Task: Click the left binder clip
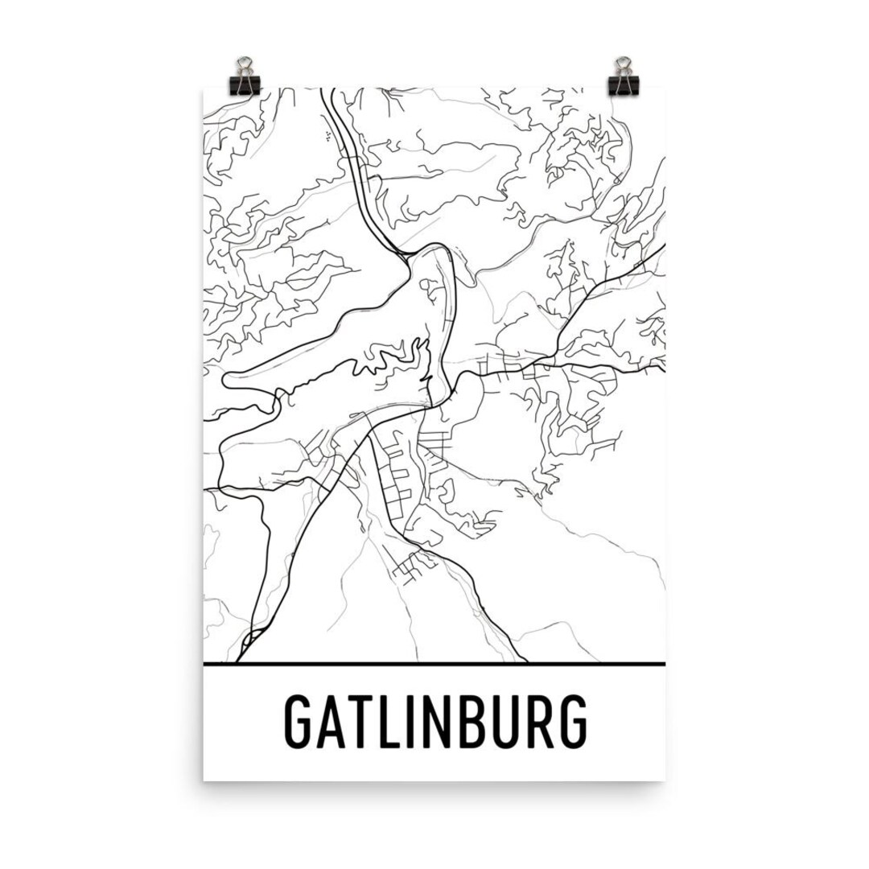point(244,77)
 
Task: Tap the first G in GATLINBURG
point(299,722)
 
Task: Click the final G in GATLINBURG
point(572,722)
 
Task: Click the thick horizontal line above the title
point(434,665)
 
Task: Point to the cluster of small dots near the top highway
point(329,136)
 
